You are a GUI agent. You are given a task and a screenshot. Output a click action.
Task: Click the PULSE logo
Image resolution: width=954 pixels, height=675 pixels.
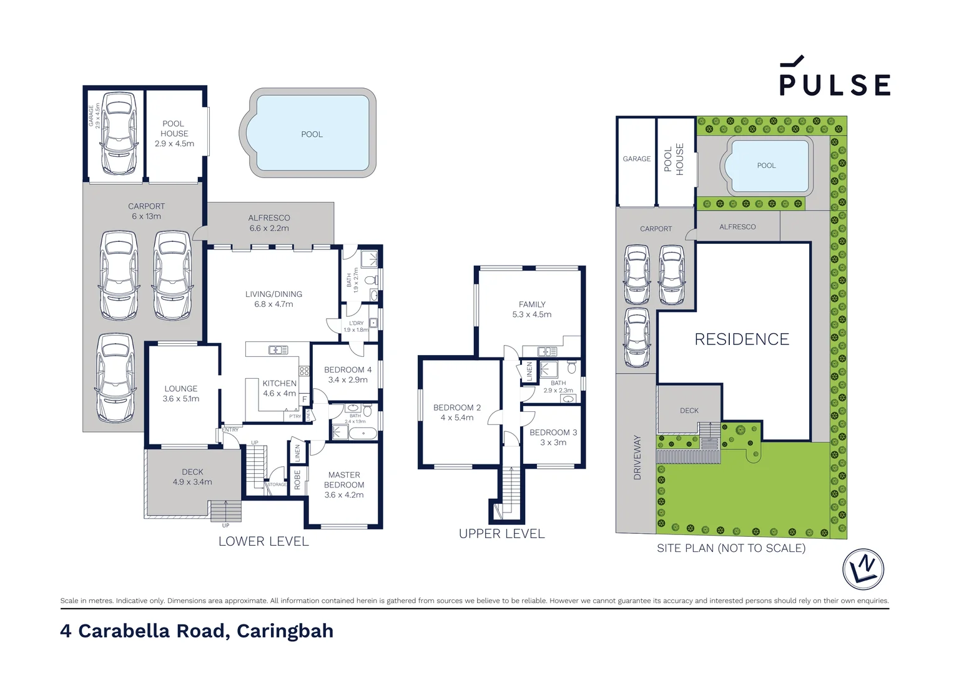pyautogui.click(x=834, y=78)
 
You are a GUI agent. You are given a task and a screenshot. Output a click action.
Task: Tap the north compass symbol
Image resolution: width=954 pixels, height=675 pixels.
pyautogui.click(x=863, y=569)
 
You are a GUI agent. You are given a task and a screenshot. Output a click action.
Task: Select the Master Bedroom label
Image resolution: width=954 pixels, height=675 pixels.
pyautogui.click(x=344, y=479)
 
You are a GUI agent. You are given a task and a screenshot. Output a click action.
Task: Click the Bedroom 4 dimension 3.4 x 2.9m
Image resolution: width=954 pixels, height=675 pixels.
pyautogui.click(x=348, y=380)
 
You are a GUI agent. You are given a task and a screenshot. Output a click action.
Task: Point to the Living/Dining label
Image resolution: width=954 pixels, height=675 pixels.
pyautogui.click(x=273, y=294)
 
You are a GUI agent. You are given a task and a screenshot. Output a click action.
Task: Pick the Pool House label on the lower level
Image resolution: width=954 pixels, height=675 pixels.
pyautogui.click(x=174, y=129)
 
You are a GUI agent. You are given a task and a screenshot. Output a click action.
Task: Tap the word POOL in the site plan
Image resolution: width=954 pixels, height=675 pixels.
pyautogui.click(x=766, y=166)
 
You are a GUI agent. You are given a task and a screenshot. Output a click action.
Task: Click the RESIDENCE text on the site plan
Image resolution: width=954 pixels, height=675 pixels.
pyautogui.click(x=742, y=339)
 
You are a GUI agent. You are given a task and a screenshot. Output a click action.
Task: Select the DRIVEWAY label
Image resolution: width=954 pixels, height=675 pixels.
pyautogui.click(x=637, y=457)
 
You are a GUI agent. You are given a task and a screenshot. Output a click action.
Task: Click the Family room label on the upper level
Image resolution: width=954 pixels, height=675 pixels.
pyautogui.click(x=532, y=304)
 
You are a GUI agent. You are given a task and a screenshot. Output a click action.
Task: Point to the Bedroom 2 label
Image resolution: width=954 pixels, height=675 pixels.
pyautogui.click(x=457, y=407)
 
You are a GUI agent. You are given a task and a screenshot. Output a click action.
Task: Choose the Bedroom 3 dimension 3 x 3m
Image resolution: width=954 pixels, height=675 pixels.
pyautogui.click(x=553, y=442)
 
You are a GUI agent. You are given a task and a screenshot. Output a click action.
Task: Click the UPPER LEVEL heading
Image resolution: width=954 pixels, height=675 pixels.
pyautogui.click(x=502, y=534)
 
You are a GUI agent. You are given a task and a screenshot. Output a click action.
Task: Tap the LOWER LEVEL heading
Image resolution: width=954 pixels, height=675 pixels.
pyautogui.click(x=263, y=541)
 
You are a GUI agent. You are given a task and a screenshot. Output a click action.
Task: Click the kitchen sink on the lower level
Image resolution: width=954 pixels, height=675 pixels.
pyautogui.click(x=278, y=350)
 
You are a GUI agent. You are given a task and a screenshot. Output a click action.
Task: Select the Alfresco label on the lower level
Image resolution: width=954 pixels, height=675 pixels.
pyautogui.click(x=269, y=218)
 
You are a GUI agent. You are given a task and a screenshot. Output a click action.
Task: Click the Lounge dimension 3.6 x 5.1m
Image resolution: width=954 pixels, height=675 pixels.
pyautogui.click(x=181, y=399)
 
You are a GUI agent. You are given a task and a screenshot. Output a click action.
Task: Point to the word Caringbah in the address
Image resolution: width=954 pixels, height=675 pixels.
pyautogui.click(x=285, y=631)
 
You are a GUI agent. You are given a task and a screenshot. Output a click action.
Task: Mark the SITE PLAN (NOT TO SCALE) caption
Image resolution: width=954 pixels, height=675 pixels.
pyautogui.click(x=731, y=548)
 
